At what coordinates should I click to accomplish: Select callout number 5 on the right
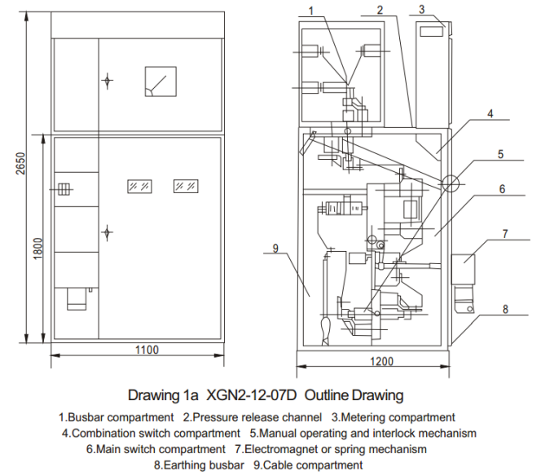(502, 153)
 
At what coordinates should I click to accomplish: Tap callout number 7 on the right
(505, 235)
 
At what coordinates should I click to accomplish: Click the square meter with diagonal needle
(157, 81)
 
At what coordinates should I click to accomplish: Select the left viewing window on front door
(138, 186)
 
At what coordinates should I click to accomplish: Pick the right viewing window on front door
(185, 186)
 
